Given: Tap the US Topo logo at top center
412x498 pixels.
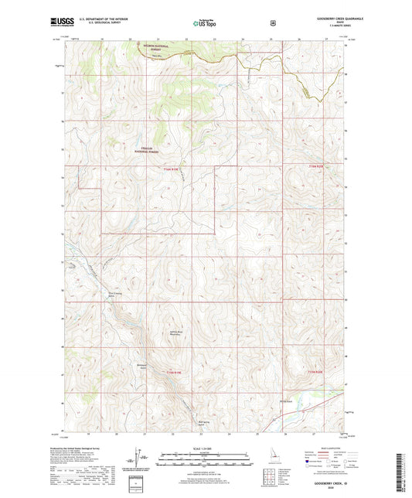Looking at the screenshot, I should [204, 23].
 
